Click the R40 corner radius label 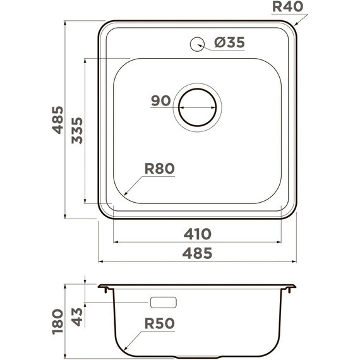tap(287, 7)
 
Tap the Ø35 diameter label tap(230, 42)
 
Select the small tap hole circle tap(197, 44)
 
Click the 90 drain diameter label tap(160, 100)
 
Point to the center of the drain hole tap(198, 107)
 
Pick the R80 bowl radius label tap(160, 169)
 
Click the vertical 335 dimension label tap(77, 130)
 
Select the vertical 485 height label tap(57, 120)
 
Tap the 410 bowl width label tap(198, 234)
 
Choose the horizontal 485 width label tap(197, 253)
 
